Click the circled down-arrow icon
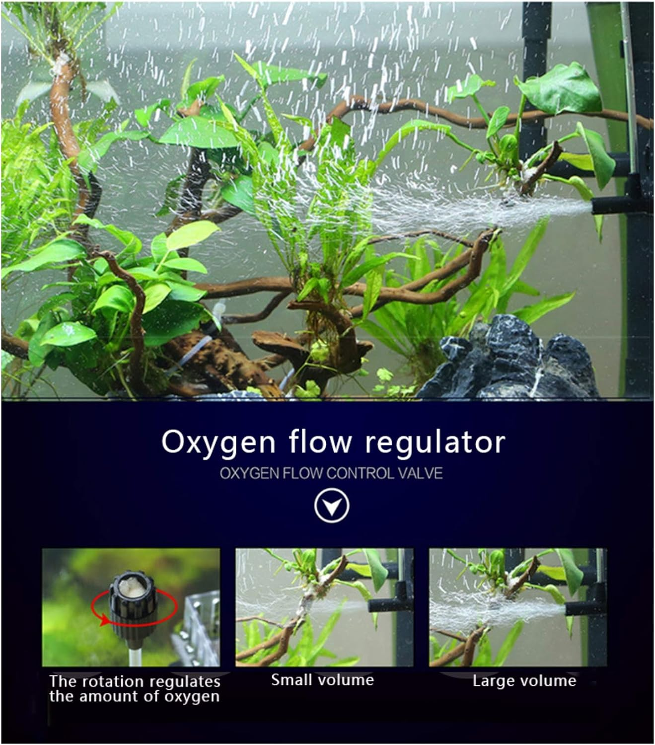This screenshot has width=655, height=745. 332,506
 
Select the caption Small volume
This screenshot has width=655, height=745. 322,679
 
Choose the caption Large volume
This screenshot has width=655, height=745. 524,680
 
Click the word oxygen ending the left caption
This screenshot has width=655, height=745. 192,696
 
